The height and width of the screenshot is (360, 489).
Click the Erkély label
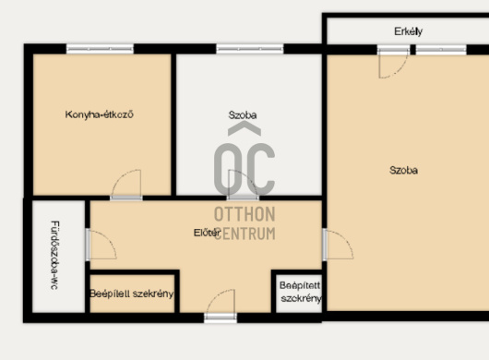(408, 31)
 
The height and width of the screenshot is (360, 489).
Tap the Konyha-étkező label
(99, 114)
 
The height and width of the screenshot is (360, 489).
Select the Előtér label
(207, 233)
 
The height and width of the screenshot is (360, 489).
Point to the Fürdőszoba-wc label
(54, 255)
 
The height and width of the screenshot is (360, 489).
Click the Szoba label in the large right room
(403, 171)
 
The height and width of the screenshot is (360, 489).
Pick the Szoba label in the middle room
(243, 115)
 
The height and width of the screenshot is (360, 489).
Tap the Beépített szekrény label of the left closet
(132, 294)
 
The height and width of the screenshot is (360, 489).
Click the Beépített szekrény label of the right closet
(300, 292)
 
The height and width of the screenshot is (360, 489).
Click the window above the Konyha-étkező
(100, 49)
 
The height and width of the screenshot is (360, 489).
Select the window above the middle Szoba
(250, 49)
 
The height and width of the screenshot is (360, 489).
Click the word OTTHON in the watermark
(244, 214)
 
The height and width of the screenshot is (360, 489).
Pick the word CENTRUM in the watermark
(244, 233)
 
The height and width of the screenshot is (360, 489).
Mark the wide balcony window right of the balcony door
(441, 50)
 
